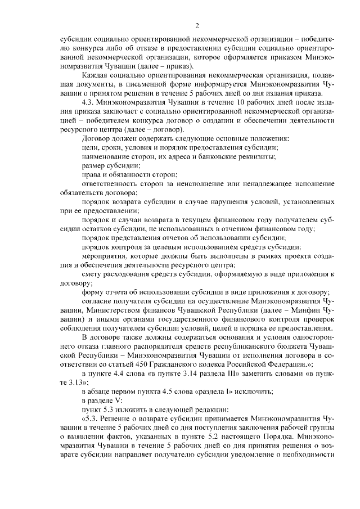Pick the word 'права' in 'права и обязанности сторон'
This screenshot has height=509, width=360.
[x=92, y=176]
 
